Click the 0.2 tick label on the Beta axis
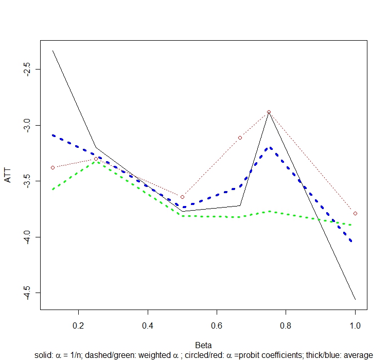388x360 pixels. [78, 326]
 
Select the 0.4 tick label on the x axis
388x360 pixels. [148, 326]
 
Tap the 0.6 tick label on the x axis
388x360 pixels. [217, 326]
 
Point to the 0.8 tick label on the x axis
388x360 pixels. [286, 326]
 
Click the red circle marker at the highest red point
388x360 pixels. [269, 112]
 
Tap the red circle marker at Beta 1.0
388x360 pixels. [356, 213]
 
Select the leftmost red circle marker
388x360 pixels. [52, 167]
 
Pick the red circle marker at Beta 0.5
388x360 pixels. [182, 197]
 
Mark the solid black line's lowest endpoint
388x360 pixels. [356, 299]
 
